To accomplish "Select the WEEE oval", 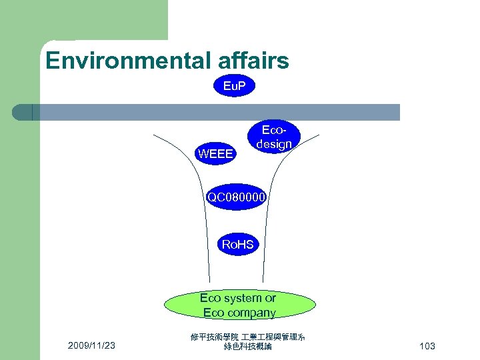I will tap(215, 154).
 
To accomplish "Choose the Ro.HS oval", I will tap(237, 245).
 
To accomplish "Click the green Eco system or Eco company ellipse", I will tap(239, 305).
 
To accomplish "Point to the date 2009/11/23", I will tap(91, 345).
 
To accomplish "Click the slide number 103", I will tap(427, 346).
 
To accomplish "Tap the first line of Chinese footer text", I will tap(248, 338).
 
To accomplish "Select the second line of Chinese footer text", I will tap(248, 347).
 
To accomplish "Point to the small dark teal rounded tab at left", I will tap(22, 112).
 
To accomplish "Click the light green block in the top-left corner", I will tap(83, 20).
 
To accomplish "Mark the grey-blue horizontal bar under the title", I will tap(220, 112).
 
